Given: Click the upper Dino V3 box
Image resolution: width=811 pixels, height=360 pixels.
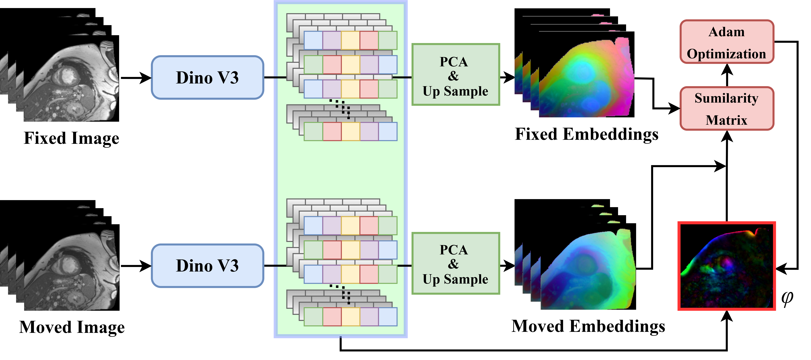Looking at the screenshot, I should pos(207,77).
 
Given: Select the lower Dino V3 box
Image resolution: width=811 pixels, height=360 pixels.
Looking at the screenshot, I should pos(207,265).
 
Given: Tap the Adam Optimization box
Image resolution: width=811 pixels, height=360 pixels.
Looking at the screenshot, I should pos(727,42).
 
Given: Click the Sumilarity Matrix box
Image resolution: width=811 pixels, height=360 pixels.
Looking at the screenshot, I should pos(727,109).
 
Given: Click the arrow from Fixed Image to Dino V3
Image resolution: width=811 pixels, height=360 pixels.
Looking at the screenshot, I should pos(136,78).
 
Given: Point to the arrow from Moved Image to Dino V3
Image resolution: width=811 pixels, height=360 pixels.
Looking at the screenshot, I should pos(136,266).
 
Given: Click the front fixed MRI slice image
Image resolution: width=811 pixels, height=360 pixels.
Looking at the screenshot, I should pos(71,79).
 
